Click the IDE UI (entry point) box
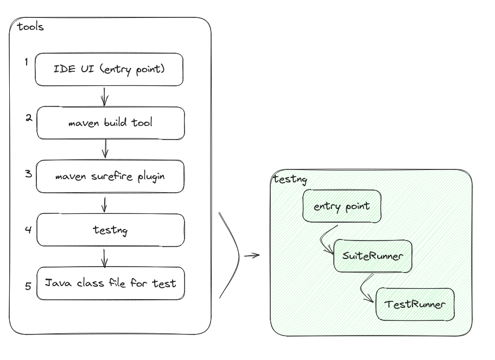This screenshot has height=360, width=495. click(109, 70)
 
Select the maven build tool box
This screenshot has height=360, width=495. click(110, 123)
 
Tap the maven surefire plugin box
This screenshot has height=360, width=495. click(110, 176)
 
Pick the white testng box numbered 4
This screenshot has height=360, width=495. click(110, 230)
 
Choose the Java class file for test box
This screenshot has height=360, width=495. click(110, 283)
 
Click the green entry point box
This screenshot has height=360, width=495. click(342, 206)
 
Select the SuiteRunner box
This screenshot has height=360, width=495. click(373, 255)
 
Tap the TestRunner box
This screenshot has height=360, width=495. click(415, 304)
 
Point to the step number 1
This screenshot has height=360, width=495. click(26, 62)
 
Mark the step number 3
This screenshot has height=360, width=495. click(28, 174)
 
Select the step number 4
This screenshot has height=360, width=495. click(28, 229)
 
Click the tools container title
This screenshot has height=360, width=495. click(30, 27)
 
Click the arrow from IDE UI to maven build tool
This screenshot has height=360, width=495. click(105, 96)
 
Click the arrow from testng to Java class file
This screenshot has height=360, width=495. click(104, 257)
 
